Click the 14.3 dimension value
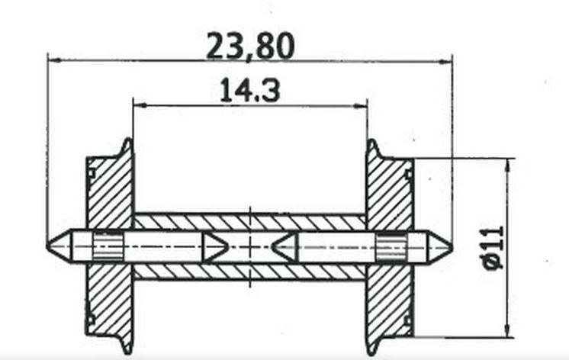tap(249, 92)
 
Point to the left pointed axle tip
tap(52, 246)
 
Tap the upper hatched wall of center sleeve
tap(249, 222)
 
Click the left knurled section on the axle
tap(106, 246)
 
